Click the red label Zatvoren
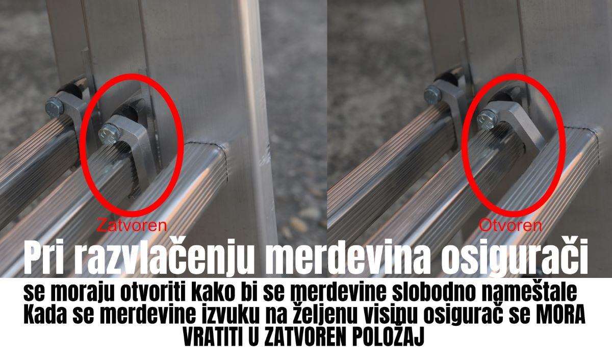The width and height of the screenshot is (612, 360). pyautogui.click(x=132, y=225)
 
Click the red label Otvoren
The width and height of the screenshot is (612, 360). pyautogui.click(x=511, y=225)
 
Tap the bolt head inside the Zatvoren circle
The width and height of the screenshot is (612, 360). pyautogui.click(x=109, y=135)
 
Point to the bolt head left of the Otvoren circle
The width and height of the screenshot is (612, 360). pyautogui.click(x=433, y=94)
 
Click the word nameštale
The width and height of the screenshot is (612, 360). pyautogui.click(x=529, y=293)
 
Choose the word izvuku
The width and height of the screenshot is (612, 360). pyautogui.click(x=229, y=316)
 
